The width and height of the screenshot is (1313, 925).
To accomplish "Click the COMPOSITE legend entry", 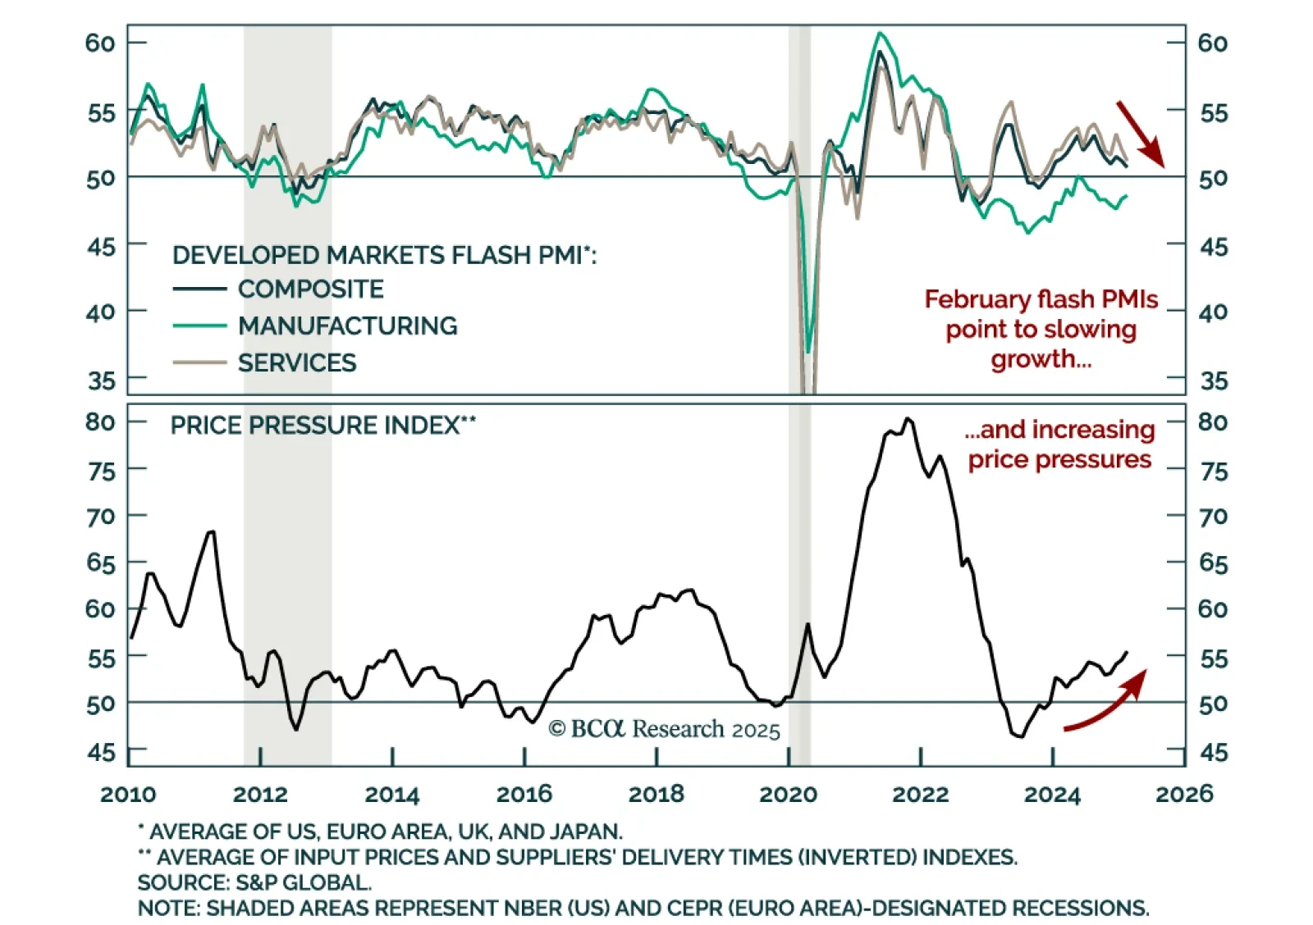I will [x=310, y=289].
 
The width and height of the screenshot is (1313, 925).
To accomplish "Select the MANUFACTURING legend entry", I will [x=347, y=326].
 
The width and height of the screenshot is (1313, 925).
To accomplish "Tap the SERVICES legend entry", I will [x=297, y=362].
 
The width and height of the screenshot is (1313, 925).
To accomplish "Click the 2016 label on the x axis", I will [x=524, y=794].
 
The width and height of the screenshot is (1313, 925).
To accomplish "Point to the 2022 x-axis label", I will [x=920, y=794].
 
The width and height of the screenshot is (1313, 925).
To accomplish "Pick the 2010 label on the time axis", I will [x=128, y=794].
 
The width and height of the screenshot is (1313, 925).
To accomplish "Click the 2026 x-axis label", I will [x=1184, y=794].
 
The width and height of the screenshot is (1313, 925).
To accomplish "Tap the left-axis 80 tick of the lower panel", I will [x=100, y=421].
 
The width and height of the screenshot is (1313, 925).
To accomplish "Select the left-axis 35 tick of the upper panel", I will [x=102, y=380].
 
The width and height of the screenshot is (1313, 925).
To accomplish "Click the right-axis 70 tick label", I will [x=1213, y=517].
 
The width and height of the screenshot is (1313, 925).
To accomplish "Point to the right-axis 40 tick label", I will [x=1213, y=312].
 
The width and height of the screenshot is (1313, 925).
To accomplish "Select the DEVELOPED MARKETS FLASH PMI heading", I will [x=384, y=255].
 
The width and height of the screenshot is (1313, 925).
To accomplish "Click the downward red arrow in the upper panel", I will [x=1140, y=133].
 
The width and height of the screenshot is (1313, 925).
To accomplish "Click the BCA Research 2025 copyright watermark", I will [x=664, y=729].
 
